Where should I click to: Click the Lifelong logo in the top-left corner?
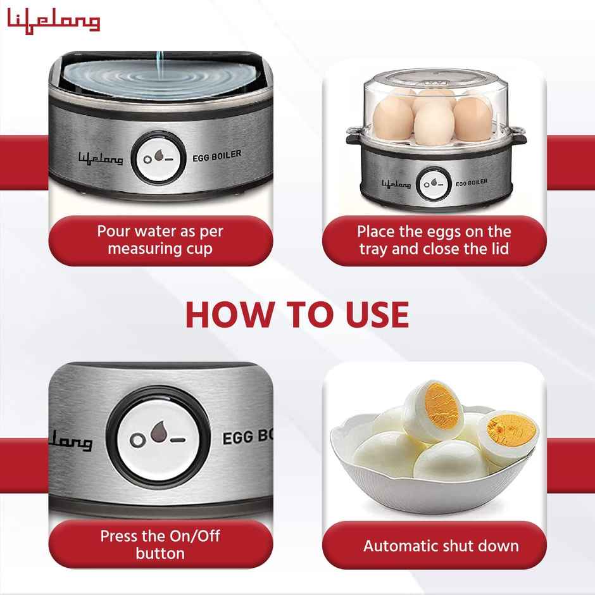(x=54, y=22)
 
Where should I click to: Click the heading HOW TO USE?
(x=297, y=313)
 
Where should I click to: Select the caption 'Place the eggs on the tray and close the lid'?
(x=434, y=240)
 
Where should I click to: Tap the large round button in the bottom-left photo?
(x=158, y=437)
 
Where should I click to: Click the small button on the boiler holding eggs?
(x=434, y=183)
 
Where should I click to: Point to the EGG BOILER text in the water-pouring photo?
(x=216, y=156)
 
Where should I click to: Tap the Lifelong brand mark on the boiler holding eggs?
(x=396, y=184)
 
